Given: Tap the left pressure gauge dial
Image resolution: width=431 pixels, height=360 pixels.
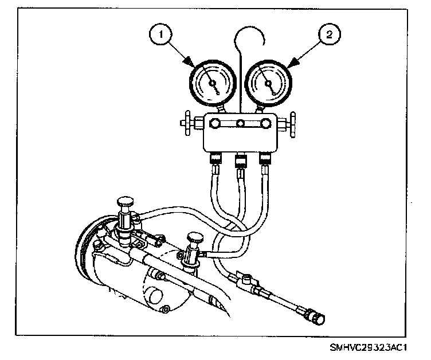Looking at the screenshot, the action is (212, 84).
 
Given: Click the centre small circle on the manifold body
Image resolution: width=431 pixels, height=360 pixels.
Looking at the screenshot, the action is (241, 123).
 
